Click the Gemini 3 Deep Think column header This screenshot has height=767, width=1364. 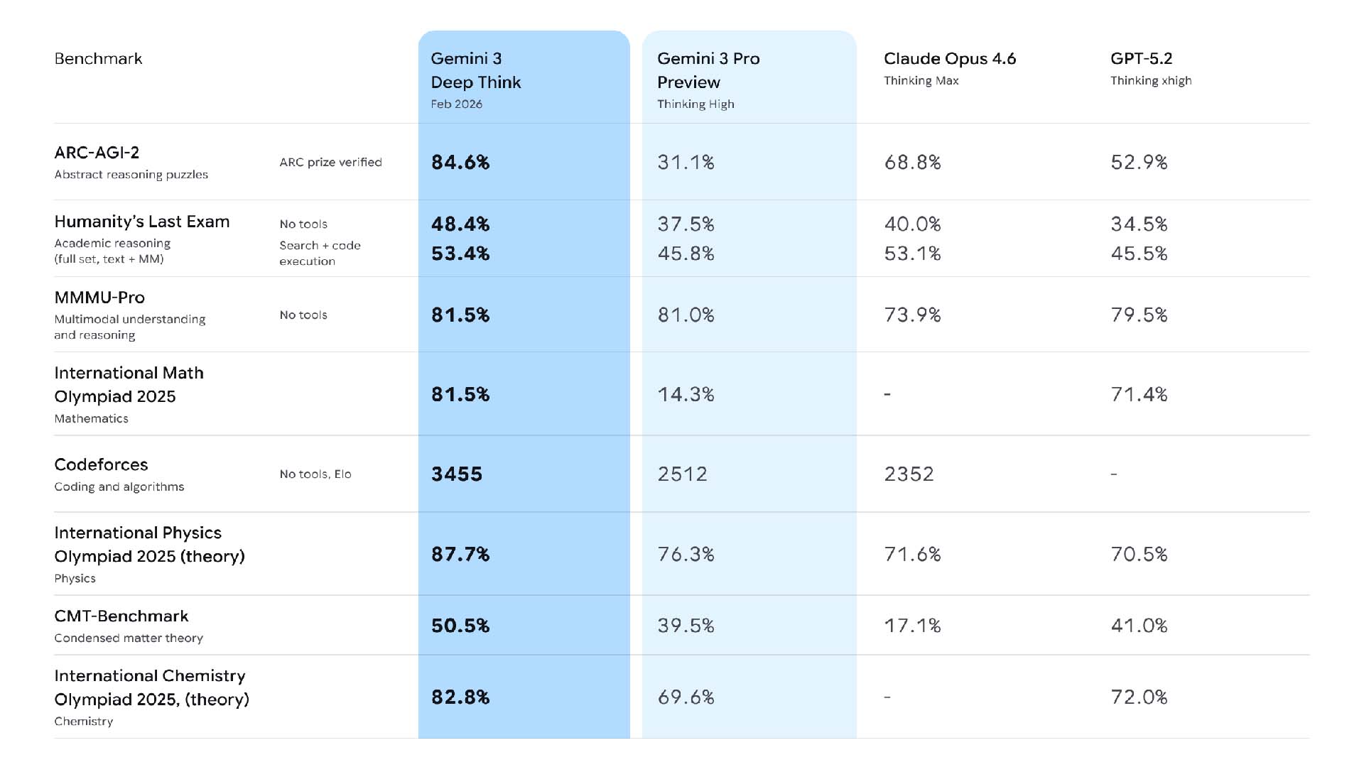(475, 70)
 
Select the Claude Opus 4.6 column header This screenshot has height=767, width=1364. (949, 59)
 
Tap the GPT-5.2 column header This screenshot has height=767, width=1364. (1141, 59)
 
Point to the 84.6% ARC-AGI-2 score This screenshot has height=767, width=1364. (460, 163)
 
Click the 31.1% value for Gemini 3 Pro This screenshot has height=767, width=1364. (686, 163)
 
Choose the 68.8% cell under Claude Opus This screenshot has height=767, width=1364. (912, 163)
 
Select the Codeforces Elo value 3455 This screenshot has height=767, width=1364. (457, 474)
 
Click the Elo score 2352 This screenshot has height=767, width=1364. (909, 474)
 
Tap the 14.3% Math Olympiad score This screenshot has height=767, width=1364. (686, 394)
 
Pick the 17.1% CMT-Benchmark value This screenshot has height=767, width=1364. (912, 626)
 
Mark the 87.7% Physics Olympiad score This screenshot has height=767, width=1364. (460, 554)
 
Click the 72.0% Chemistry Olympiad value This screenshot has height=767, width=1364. (1139, 697)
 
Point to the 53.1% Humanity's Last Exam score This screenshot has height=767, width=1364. (912, 254)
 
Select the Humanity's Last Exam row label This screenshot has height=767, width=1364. (142, 222)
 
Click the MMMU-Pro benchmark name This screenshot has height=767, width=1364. (99, 298)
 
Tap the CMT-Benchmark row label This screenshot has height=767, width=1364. (121, 616)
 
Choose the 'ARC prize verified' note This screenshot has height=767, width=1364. (330, 163)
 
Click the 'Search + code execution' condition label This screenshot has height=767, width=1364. (320, 253)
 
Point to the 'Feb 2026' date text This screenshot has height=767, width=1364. (456, 104)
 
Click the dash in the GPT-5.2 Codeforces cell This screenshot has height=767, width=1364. (1114, 474)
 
